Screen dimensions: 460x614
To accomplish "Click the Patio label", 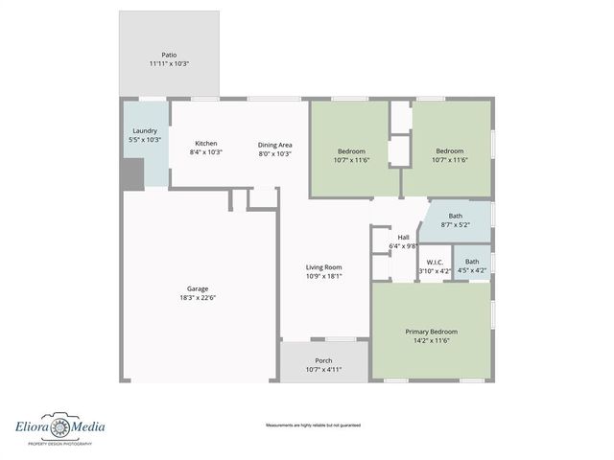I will [x=169, y=55].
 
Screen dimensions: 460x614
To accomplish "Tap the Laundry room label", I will [x=145, y=130].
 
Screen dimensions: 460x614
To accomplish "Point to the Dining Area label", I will [x=274, y=144].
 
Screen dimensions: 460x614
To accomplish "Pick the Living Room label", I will [x=324, y=267].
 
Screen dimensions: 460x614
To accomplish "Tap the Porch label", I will [x=324, y=360].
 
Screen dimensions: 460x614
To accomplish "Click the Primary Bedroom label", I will [x=431, y=332].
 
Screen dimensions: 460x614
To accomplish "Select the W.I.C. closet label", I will [x=434, y=262].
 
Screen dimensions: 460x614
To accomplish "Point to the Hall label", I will [x=404, y=237].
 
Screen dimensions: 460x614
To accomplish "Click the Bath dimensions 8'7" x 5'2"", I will [x=455, y=225].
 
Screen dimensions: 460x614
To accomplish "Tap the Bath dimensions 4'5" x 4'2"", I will [x=472, y=271].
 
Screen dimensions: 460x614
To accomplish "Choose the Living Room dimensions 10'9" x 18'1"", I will [x=324, y=277].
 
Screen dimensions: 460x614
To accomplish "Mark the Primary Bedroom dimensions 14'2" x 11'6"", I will [x=431, y=341].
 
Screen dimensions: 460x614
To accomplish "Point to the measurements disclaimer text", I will [x=306, y=424].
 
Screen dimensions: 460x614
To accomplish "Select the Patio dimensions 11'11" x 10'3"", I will [x=169, y=64].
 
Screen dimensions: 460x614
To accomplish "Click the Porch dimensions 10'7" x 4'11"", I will [x=324, y=369].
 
